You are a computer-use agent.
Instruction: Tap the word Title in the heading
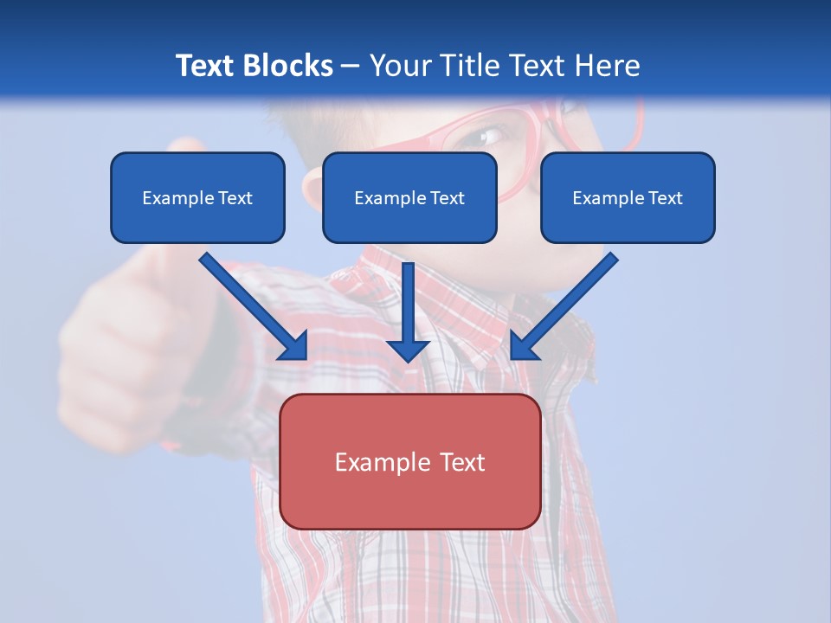tap(471, 66)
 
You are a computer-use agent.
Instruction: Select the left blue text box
tap(197, 197)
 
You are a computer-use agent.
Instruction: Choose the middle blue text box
tap(409, 197)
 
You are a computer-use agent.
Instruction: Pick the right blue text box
tap(628, 197)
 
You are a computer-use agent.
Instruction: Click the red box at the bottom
tap(409, 461)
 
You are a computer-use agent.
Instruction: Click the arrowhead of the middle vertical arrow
tap(408, 350)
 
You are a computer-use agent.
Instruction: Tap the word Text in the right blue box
tap(665, 198)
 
